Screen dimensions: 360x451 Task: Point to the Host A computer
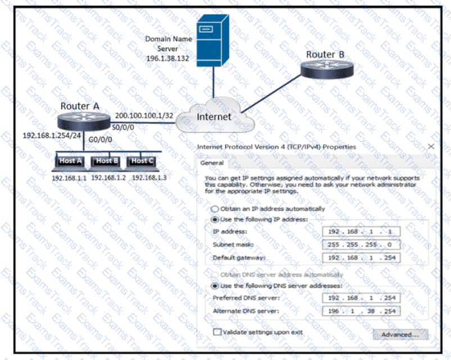coord(70,162)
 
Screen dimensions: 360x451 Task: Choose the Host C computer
coord(142,162)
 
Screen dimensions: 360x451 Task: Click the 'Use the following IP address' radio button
coord(214,219)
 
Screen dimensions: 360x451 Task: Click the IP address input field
coord(362,231)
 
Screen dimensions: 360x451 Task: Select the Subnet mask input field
coord(362,245)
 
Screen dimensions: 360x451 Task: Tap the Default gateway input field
coord(362,258)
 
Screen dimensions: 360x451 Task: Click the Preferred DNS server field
coord(362,297)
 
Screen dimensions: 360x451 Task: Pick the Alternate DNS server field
coord(362,310)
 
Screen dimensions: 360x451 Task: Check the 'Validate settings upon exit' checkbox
coord(217,332)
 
